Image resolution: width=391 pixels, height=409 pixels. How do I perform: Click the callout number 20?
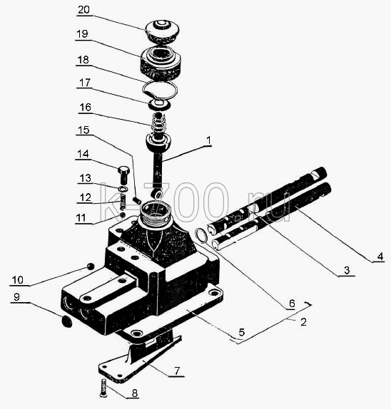pos(83,10)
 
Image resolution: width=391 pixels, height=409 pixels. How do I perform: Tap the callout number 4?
pos(380,256)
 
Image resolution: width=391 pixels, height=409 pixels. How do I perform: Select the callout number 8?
pos(135,393)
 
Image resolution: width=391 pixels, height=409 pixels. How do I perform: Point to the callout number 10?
pos(18,280)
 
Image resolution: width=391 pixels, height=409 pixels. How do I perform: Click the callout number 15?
pos(84,130)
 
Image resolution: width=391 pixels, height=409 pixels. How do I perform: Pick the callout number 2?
pos(303,322)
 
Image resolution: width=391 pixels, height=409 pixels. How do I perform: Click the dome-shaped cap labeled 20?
pos(162,31)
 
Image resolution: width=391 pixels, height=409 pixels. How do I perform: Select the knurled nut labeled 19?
pos(161,63)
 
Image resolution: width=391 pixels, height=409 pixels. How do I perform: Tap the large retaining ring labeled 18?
pos(160,90)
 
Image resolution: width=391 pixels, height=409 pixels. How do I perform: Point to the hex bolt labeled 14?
pos(123,175)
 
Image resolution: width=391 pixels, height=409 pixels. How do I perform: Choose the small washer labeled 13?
pos(123,188)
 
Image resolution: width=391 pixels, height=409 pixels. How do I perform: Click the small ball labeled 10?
pos(91,266)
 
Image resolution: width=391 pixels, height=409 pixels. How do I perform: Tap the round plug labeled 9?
pos(67,322)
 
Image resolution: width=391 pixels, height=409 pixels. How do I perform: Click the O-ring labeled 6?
pos(202,235)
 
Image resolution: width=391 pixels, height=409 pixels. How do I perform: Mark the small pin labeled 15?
pos(137,201)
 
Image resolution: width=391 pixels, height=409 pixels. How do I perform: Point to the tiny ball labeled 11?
pos(122,214)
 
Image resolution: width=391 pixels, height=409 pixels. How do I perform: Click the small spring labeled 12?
pos(123,202)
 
